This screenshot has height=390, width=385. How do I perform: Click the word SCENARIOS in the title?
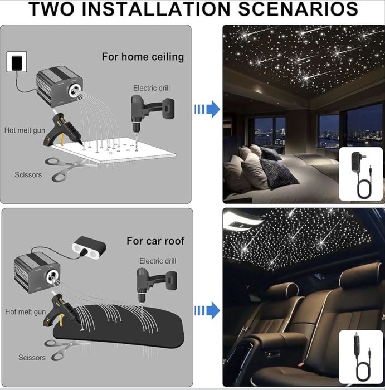298,9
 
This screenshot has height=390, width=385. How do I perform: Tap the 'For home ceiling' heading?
143,57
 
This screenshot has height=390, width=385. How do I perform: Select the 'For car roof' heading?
155,241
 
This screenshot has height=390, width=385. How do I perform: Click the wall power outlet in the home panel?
17,62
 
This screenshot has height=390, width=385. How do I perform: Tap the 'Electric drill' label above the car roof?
158,261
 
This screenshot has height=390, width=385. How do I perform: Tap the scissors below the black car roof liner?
65,349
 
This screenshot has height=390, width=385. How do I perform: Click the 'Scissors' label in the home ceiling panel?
28,175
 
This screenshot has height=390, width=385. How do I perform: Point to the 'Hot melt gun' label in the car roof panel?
26,312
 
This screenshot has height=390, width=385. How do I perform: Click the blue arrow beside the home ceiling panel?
207,109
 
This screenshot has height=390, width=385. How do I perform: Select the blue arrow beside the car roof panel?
207,310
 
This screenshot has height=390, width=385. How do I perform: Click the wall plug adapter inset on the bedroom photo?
361,174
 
